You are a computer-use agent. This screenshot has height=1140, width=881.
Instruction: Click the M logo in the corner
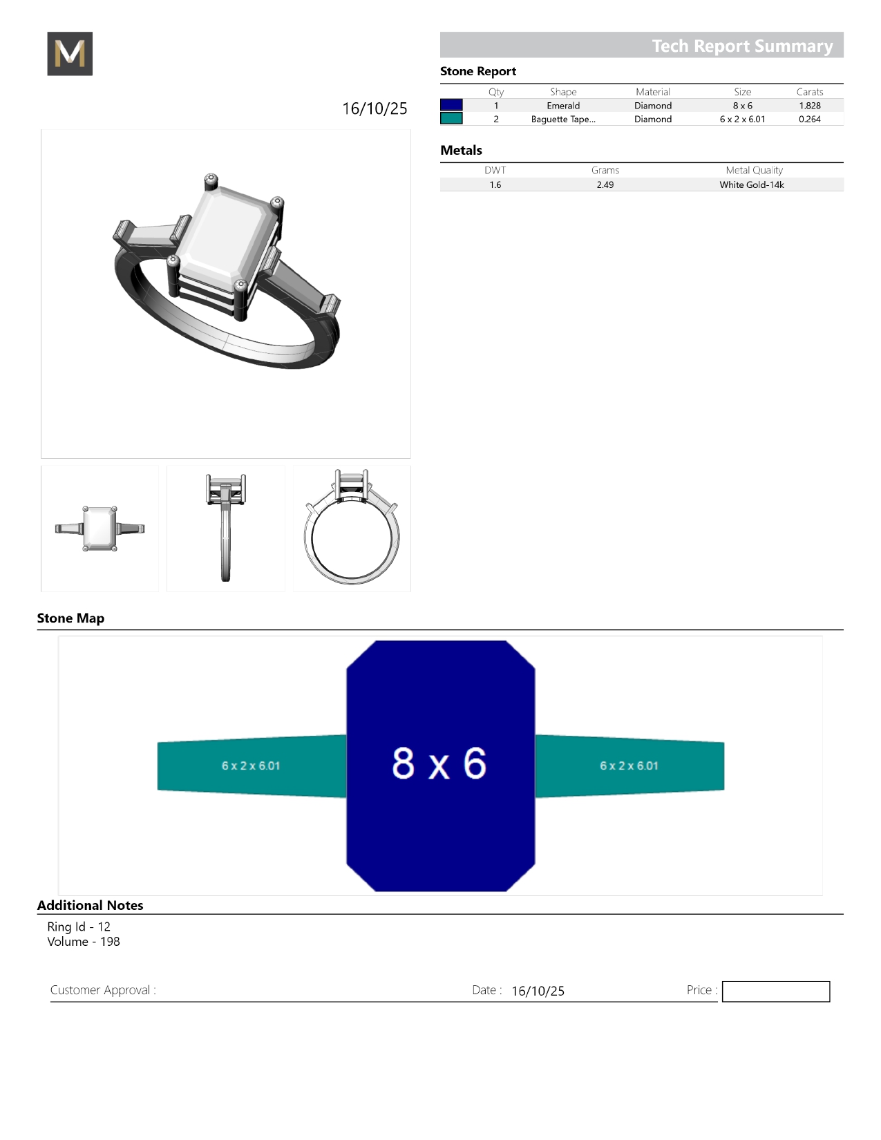pyautogui.click(x=70, y=53)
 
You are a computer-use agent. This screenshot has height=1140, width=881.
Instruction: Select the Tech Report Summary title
pyautogui.click(x=742, y=46)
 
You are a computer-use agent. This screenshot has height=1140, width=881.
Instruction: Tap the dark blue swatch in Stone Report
pyautogui.click(x=451, y=105)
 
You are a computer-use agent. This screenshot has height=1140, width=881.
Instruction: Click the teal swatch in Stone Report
pyautogui.click(x=451, y=119)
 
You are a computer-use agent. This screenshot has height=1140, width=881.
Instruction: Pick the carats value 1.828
pyautogui.click(x=809, y=106)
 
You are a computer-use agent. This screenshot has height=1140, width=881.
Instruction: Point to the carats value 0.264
pyautogui.click(x=809, y=119)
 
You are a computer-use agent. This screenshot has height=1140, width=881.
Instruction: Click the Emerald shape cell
pyautogui.click(x=563, y=106)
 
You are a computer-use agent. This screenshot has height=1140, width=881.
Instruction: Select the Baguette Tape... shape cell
pyautogui.click(x=563, y=119)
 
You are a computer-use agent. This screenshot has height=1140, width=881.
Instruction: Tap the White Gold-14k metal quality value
pyautogui.click(x=751, y=184)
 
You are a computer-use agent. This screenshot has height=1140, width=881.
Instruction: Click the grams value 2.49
pyautogui.click(x=605, y=184)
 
